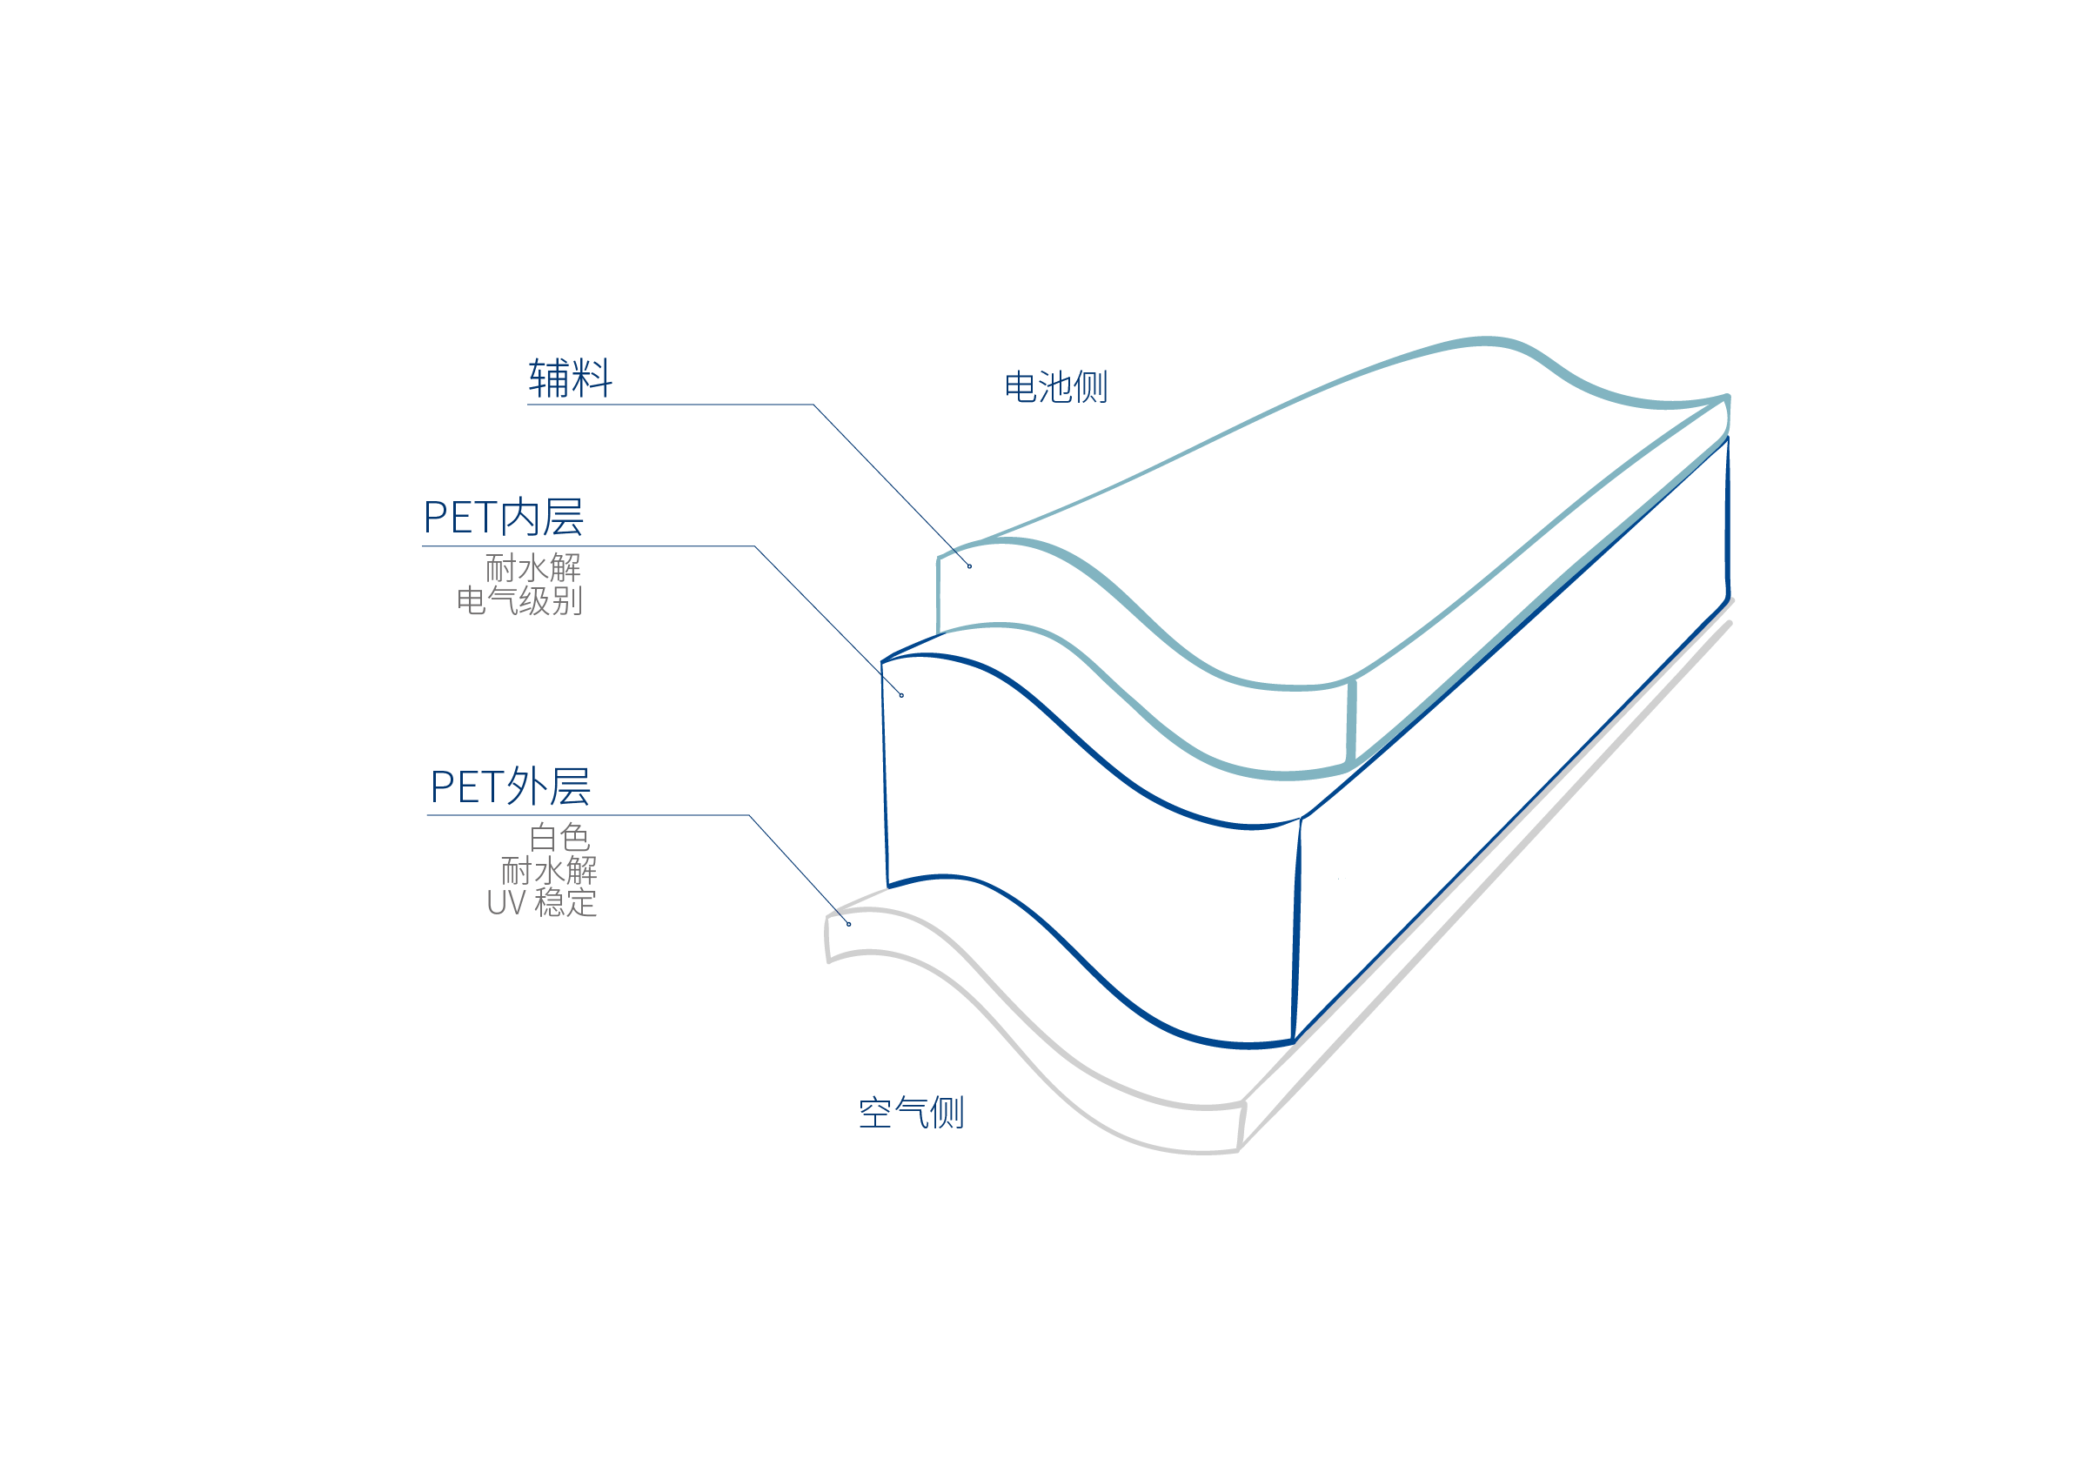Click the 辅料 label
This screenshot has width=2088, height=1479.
570,378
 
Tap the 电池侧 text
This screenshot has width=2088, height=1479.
1055,387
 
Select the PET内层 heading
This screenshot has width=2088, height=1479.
504,518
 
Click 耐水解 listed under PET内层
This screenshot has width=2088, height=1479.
532,568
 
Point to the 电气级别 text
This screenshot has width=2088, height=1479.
519,601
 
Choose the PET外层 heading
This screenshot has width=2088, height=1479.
510,786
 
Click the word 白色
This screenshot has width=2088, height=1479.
559,837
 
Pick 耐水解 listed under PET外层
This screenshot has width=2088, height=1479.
549,871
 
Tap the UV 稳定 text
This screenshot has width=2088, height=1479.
542,903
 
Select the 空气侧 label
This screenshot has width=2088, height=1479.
911,1113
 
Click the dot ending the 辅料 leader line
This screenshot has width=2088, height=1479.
970,566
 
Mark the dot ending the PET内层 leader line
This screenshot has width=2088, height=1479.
901,696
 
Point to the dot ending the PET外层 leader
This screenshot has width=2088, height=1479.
848,924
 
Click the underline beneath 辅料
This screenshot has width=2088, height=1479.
669,405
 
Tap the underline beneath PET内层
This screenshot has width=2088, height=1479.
587,546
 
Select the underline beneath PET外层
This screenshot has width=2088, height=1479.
587,815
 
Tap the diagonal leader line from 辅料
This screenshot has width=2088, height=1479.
893,485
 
